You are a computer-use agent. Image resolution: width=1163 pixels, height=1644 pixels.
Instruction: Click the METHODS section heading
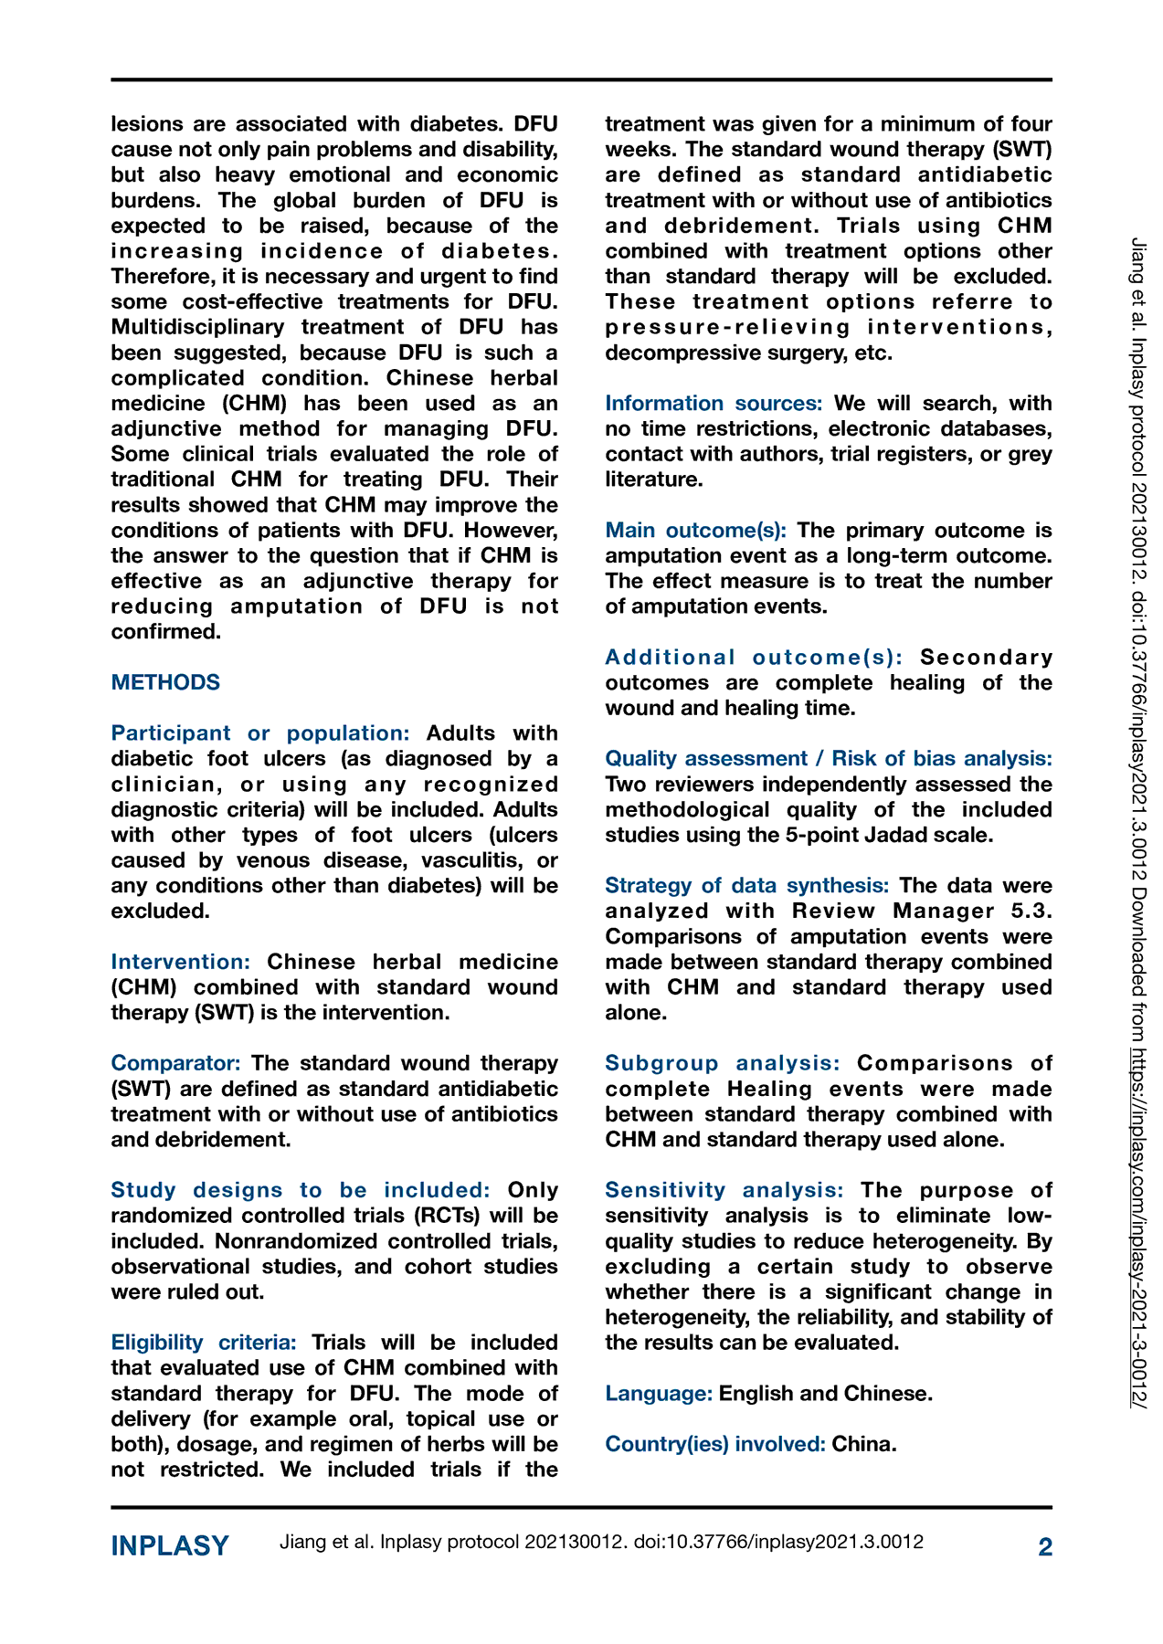(165, 682)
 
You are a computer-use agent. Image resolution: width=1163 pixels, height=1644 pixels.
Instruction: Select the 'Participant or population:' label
(260, 733)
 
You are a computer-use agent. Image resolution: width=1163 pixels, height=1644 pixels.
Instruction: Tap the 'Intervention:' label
(181, 962)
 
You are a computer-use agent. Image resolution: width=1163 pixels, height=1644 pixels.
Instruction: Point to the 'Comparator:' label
(175, 1063)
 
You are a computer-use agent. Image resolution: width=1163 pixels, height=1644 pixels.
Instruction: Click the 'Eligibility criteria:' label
(204, 1343)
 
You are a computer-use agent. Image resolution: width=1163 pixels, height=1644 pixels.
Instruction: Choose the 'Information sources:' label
(714, 404)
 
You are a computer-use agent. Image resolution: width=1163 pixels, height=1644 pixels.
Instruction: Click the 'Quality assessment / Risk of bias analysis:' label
(829, 759)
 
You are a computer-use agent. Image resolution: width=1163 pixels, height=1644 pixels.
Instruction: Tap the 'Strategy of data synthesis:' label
(746, 886)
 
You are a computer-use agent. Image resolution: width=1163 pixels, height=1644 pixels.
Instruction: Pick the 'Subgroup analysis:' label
(723, 1063)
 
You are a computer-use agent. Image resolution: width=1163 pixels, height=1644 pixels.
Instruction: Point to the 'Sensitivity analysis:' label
(724, 1190)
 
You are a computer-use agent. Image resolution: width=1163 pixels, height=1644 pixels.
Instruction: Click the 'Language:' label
(659, 1394)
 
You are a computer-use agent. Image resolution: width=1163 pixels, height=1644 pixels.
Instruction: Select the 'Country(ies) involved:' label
(715, 1444)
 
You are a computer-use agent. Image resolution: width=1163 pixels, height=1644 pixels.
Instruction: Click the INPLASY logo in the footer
(170, 1546)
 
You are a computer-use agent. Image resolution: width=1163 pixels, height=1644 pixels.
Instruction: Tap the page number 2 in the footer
(1045, 1546)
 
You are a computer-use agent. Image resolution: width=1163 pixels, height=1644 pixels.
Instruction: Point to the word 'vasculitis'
(458, 860)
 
